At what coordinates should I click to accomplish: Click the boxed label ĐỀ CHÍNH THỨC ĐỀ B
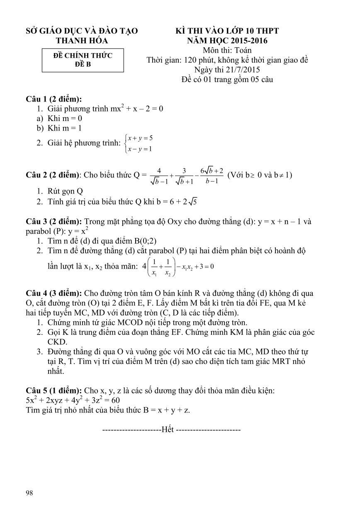[x=83, y=60]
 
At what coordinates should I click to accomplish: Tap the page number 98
[x=29, y=492]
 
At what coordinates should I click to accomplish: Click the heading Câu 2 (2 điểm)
[x=54, y=175]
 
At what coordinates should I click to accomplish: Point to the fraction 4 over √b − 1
[x=159, y=175]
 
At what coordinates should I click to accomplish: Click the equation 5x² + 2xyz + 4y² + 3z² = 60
[x=73, y=400]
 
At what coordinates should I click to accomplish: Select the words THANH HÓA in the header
[x=82, y=41]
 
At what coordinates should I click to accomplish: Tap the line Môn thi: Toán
[x=227, y=50]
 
